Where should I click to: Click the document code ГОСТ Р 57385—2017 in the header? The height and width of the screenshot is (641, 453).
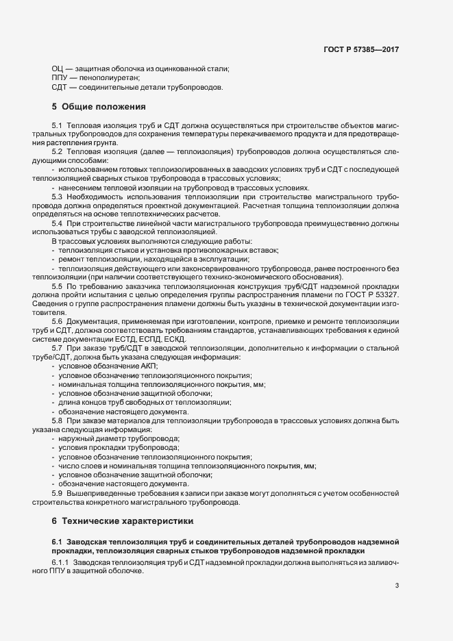click(x=361, y=50)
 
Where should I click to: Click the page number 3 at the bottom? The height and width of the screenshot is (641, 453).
click(x=397, y=585)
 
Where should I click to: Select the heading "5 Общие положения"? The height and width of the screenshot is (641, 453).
click(x=99, y=107)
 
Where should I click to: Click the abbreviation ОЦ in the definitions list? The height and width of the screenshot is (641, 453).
click(x=58, y=68)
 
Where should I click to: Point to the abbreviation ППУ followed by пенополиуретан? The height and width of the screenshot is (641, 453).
click(x=60, y=78)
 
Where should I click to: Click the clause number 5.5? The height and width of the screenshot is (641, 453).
click(x=57, y=286)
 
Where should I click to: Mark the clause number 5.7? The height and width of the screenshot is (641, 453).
click(x=57, y=349)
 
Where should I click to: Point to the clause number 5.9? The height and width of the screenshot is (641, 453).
click(x=57, y=493)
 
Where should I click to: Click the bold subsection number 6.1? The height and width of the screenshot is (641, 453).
click(x=57, y=542)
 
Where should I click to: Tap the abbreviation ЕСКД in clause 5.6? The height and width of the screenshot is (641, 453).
click(x=184, y=339)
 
